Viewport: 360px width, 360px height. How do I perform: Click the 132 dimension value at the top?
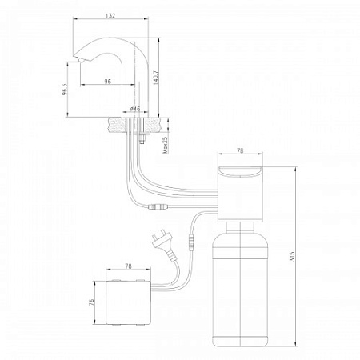coord(110,15)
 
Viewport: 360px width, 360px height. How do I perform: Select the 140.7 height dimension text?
coord(155,78)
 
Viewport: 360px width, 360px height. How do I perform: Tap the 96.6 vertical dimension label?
coord(65,89)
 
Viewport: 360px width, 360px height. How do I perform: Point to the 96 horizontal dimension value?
coord(108,82)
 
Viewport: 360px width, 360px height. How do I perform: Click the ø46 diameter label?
coord(135,109)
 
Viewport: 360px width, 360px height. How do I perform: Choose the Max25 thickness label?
coord(166,145)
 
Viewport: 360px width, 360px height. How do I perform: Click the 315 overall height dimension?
coord(292,256)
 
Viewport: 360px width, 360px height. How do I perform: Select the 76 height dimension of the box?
coord(92,302)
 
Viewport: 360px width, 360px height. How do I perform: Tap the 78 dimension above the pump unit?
coord(240,150)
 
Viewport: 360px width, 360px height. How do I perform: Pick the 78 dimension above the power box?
coord(128,266)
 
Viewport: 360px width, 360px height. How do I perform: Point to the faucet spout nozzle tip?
coord(81,62)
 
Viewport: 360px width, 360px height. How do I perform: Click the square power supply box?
coord(129,302)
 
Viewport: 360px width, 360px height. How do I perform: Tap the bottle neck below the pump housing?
coord(240,226)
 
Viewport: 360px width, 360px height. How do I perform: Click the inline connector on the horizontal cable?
coord(158,206)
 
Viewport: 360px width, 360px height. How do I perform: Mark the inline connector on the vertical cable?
coord(191,242)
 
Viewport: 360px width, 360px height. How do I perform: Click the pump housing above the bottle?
coord(240,194)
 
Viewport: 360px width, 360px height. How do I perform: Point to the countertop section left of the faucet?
coord(117,125)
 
